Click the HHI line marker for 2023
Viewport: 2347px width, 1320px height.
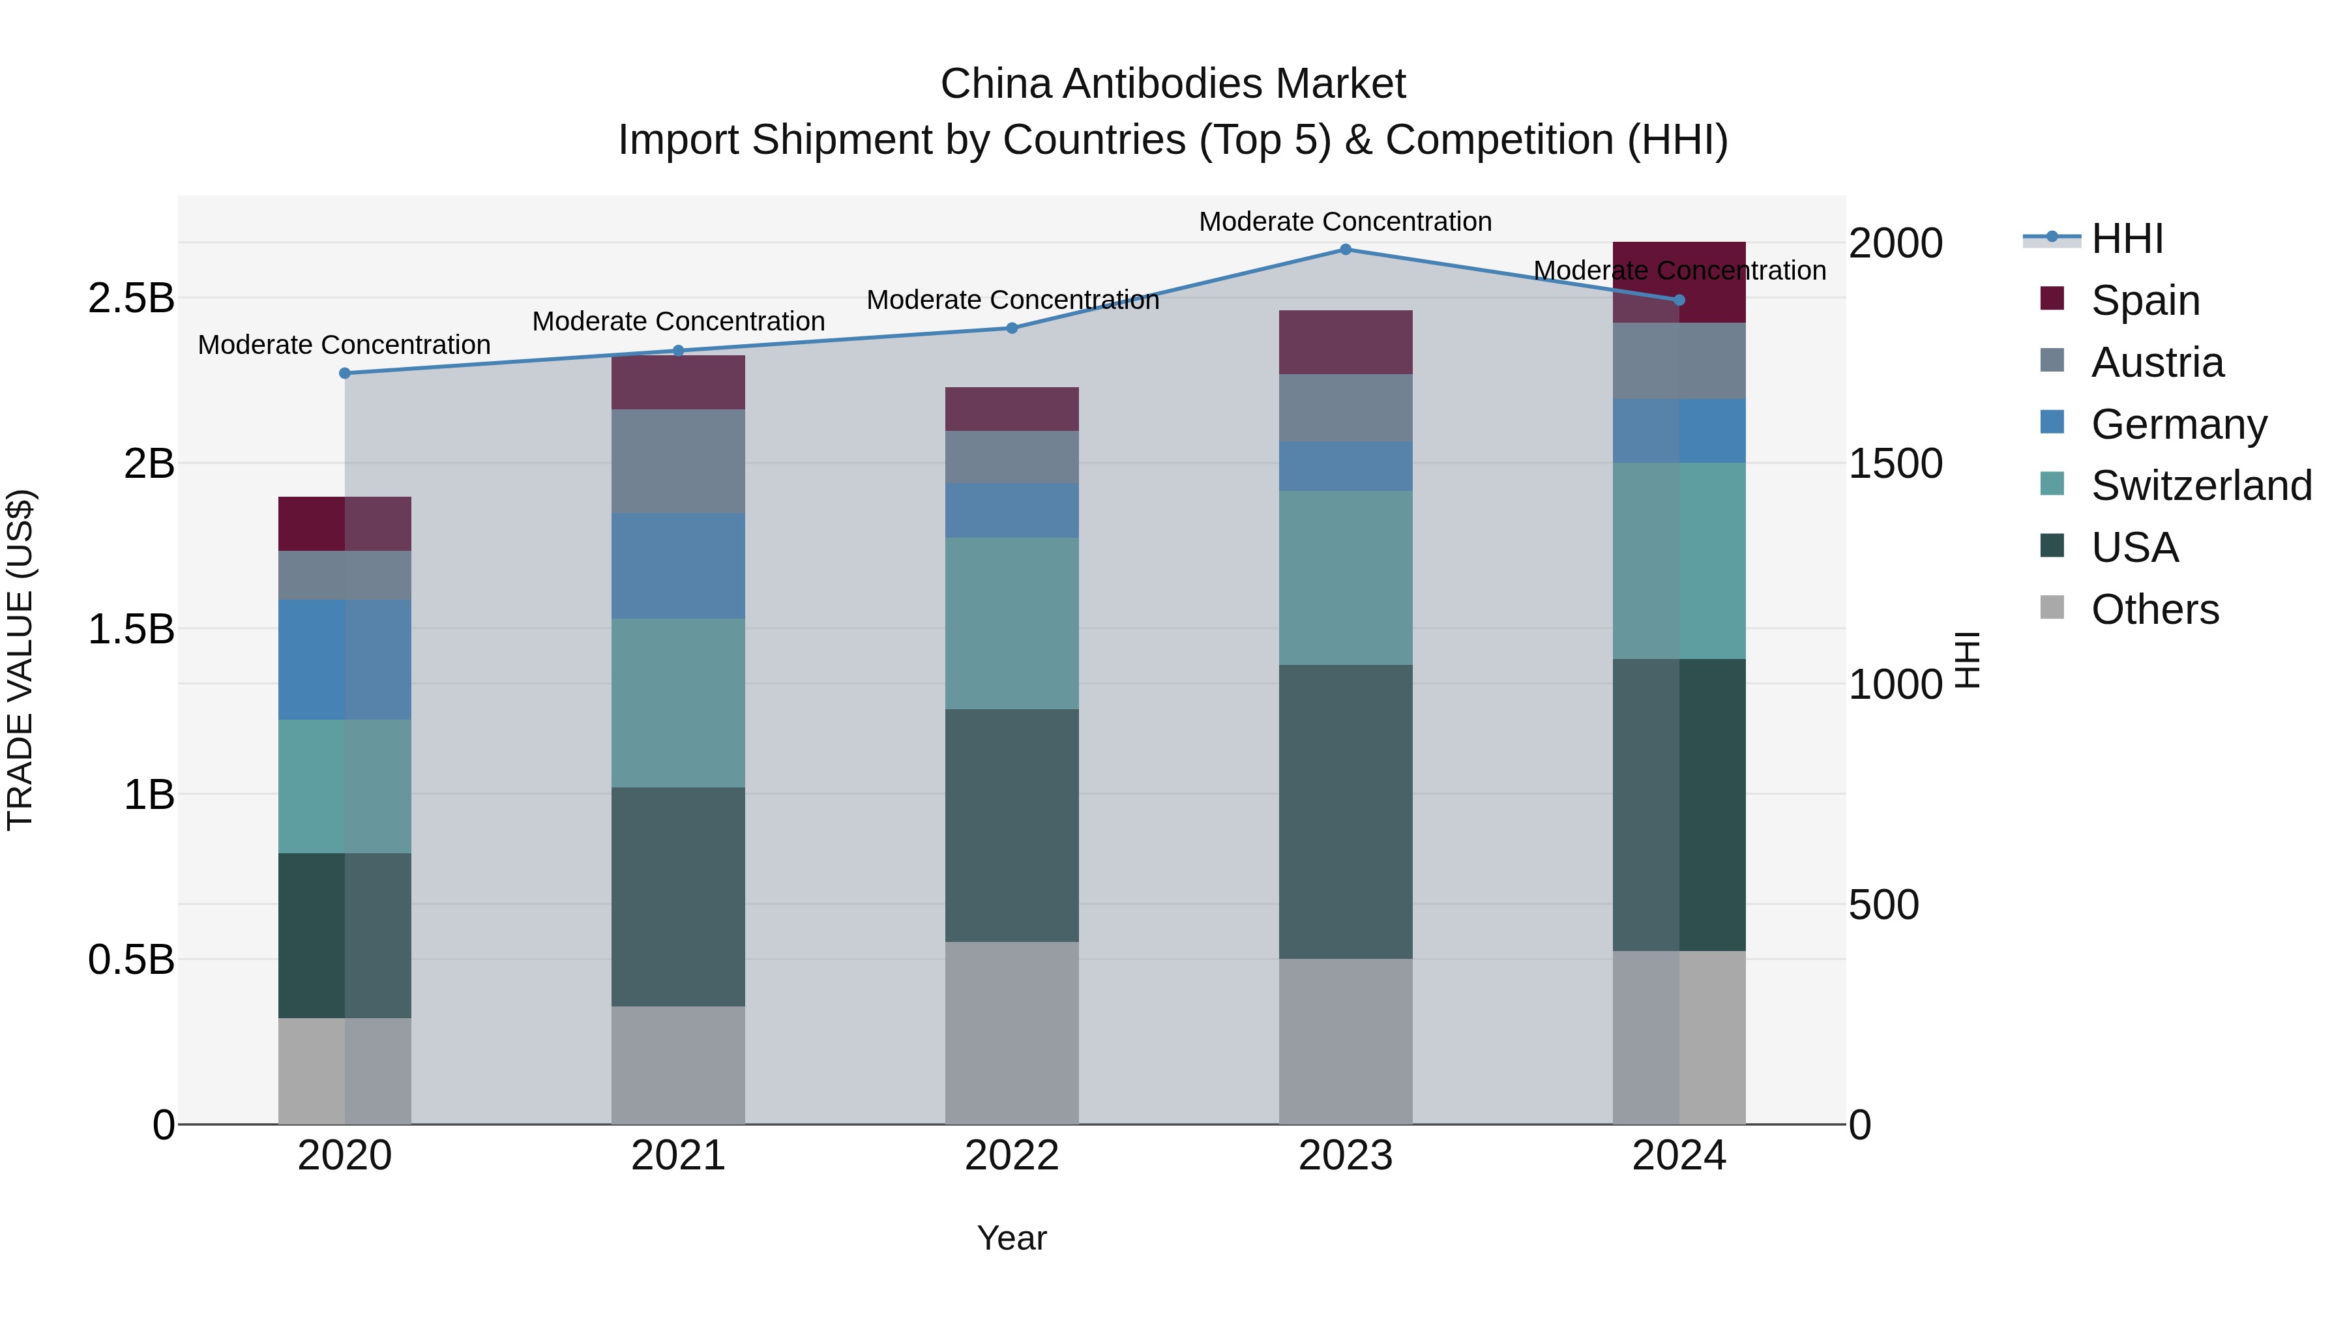(1345, 250)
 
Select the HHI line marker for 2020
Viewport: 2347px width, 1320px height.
(344, 374)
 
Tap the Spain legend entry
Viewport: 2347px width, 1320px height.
(2145, 300)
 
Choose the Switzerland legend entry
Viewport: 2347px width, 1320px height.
(2200, 486)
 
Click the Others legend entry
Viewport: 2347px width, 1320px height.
(2155, 609)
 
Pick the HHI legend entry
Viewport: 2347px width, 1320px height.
(2127, 239)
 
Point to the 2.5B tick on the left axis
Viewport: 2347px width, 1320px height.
(131, 298)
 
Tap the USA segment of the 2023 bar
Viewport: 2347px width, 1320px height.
(1345, 811)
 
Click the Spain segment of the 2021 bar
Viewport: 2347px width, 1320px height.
(678, 383)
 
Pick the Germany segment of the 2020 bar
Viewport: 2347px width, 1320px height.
(344, 660)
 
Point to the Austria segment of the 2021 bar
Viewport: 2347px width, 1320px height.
(678, 461)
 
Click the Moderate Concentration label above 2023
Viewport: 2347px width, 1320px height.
(1345, 222)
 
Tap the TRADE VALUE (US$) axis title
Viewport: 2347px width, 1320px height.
(20, 660)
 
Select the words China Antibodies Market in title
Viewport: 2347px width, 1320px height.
(1173, 84)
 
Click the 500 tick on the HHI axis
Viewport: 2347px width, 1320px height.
(1883, 905)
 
